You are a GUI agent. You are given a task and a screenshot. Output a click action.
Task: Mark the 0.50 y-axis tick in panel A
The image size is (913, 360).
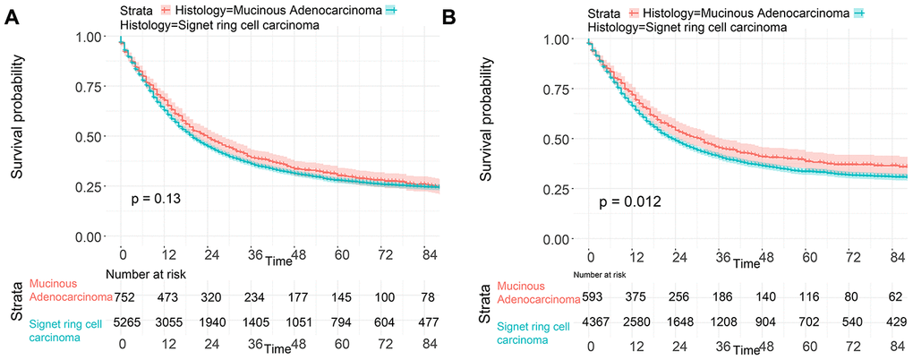coord(93,136)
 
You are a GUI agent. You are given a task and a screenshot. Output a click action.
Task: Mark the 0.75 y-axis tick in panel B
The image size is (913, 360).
coord(559,89)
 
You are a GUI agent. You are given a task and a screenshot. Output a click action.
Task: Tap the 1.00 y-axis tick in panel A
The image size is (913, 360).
coord(93,37)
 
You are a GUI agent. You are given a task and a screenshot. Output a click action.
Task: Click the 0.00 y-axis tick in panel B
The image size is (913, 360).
coord(559,239)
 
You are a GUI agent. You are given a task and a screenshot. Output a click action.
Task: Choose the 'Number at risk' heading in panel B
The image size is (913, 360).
coord(601,274)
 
